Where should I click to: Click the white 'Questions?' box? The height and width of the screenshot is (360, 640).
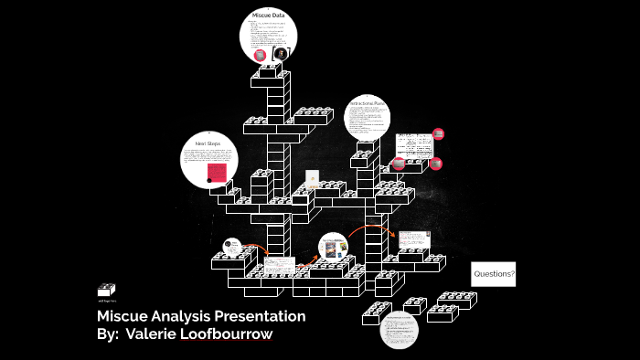pos(494,274)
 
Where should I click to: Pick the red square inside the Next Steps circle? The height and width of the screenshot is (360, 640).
pos(217,173)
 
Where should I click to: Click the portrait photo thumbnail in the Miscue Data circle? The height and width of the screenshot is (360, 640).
pos(281,54)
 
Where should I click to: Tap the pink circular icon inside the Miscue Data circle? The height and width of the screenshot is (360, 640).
pos(261,55)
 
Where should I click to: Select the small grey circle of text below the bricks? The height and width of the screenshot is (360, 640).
pos(398,329)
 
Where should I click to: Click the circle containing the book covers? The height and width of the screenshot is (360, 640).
pos(334,249)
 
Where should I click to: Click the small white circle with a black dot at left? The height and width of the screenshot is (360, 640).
pos(232,247)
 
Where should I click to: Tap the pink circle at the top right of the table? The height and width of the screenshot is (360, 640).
pos(438,134)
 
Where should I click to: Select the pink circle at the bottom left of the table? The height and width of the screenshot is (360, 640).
pos(399,164)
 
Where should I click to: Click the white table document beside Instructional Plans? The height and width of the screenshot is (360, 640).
pos(414,145)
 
